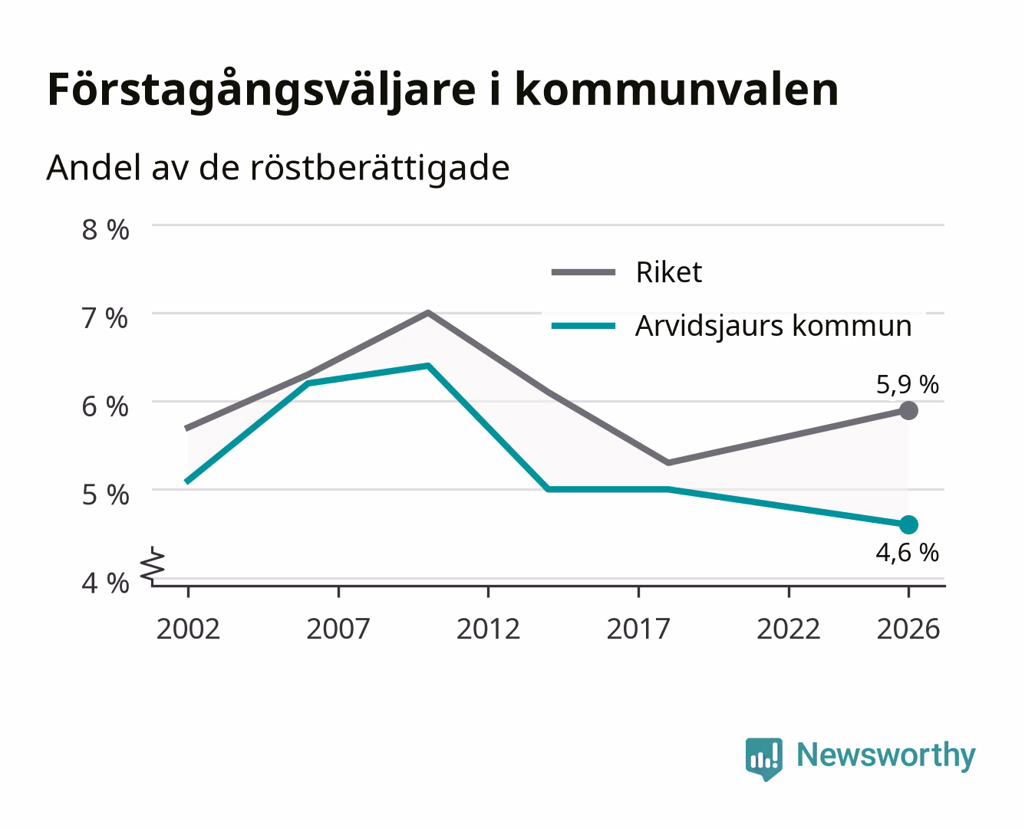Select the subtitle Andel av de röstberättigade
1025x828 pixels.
278,169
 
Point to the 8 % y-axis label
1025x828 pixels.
105,230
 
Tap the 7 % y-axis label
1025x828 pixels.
105,318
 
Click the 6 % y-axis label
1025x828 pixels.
105,407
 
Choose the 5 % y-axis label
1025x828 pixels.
105,495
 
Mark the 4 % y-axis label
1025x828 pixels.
105,583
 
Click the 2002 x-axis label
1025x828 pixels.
188,629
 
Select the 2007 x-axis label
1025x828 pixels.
338,629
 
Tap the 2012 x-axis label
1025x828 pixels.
489,629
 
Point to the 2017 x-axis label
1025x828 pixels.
638,629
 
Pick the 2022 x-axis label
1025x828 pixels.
789,629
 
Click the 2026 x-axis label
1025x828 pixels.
908,629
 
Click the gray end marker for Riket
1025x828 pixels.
908,411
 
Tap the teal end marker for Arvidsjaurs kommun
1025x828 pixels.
908,524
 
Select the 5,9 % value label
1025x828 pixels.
908,385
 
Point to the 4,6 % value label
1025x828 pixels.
908,553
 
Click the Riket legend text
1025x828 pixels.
669,272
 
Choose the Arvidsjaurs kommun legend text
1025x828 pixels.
773,327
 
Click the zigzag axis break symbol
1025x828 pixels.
153,566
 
